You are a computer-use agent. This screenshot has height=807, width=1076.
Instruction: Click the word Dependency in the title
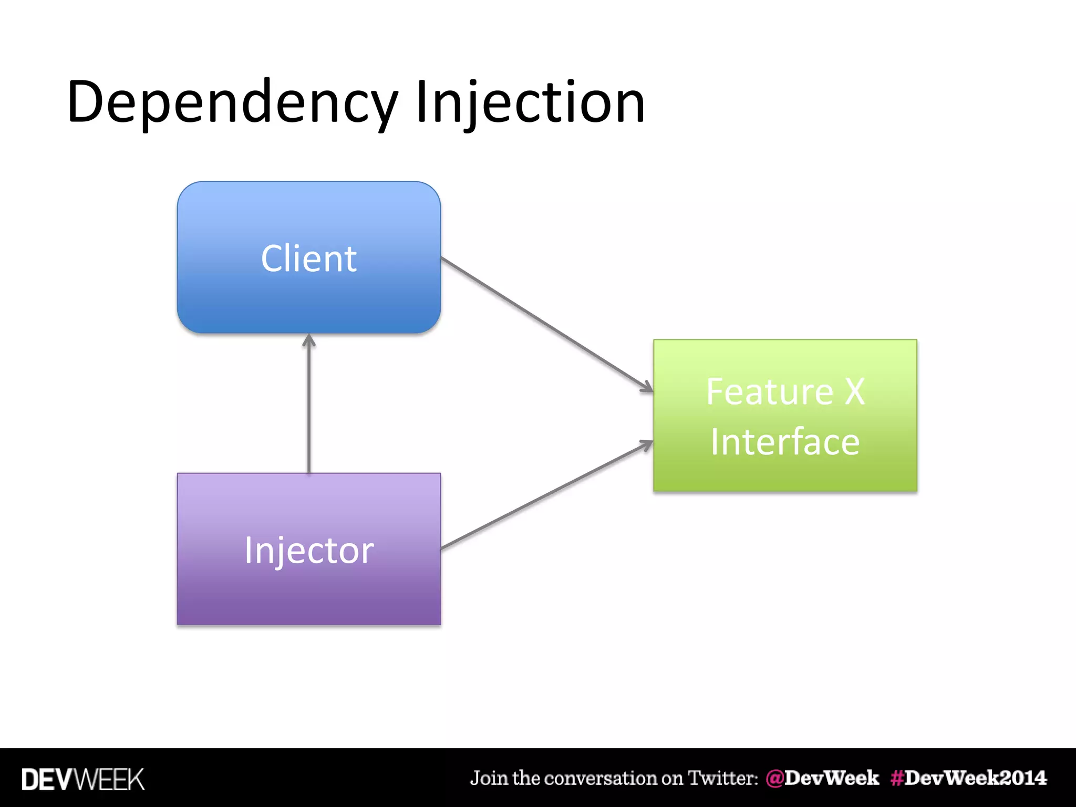[232, 102]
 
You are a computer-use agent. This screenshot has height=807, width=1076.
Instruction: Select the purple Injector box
[309, 594]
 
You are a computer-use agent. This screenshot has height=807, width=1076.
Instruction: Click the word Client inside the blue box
[309, 258]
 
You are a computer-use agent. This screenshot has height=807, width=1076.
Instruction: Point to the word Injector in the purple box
[309, 551]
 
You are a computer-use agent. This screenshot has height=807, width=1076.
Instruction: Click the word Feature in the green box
[769, 392]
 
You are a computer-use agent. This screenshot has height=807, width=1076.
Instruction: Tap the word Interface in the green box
[785, 442]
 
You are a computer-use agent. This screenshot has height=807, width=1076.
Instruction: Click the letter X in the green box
[854, 392]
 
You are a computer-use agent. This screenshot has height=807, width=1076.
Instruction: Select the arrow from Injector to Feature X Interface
[546, 495]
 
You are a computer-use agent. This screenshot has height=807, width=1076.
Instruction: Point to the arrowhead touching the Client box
[309, 340]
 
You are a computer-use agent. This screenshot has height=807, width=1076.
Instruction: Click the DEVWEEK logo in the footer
[82, 779]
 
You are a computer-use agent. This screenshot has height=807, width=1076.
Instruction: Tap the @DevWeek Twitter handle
[822, 778]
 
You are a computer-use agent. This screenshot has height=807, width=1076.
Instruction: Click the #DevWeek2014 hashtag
[968, 778]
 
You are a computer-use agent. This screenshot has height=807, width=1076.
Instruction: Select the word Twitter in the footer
[723, 778]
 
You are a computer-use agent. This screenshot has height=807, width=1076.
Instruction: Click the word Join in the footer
[489, 778]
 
